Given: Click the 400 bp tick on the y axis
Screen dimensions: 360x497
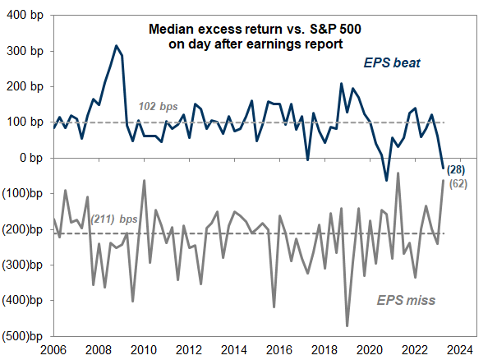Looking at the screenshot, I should [x=25, y=16].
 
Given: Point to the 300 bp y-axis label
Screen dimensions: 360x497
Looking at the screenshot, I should [x=25, y=51].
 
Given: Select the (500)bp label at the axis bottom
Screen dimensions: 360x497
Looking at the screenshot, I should [x=23, y=336].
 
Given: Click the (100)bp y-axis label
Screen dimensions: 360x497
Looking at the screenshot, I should [x=23, y=193].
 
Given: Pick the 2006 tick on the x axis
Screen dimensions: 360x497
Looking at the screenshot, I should [x=54, y=348].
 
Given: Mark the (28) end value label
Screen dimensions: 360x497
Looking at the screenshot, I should [x=458, y=170].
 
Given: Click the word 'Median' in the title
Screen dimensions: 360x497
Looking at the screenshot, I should [x=168, y=29].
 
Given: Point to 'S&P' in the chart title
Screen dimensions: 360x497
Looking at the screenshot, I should [x=312, y=29].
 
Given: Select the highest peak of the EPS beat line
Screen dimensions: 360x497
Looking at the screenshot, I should [x=116, y=46].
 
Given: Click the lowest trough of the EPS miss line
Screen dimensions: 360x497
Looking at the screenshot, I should [x=347, y=326].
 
